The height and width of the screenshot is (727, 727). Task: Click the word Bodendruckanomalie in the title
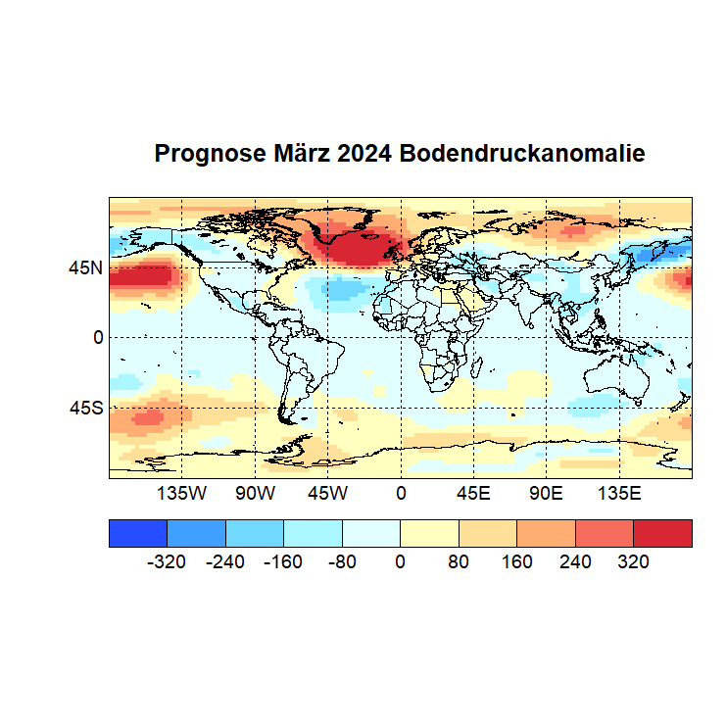(x=522, y=154)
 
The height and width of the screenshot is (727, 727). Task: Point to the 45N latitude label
(x=84, y=267)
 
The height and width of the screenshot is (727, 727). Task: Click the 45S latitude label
(x=84, y=408)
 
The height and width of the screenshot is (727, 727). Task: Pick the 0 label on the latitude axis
(x=98, y=337)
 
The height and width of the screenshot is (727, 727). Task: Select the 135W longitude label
(x=182, y=493)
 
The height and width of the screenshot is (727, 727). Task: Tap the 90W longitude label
(x=255, y=493)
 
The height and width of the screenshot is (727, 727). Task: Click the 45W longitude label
(x=327, y=493)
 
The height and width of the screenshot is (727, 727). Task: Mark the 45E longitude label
(x=473, y=493)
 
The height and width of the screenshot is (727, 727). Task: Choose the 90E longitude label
(x=546, y=493)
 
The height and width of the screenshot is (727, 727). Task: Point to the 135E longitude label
(x=618, y=493)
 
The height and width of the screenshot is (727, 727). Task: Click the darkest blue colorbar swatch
(x=138, y=533)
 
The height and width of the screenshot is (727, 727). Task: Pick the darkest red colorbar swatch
(x=662, y=533)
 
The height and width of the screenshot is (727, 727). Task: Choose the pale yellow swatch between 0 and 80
(x=429, y=533)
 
